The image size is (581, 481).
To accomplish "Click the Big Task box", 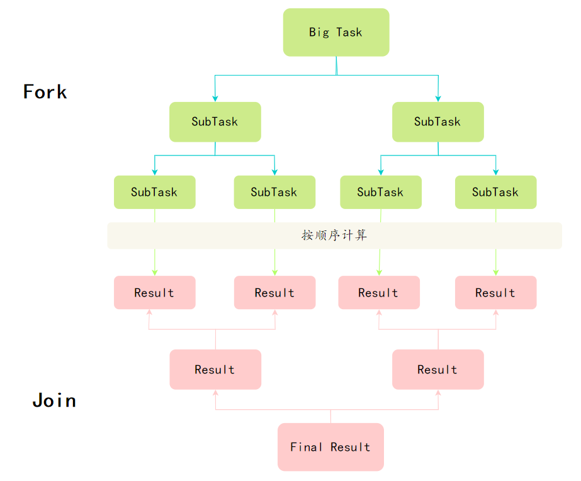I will click(336, 32).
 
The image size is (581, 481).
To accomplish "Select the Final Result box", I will click(330, 447).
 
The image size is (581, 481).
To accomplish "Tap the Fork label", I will click(45, 92).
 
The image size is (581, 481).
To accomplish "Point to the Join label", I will click(54, 400).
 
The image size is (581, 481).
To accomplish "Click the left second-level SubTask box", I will click(215, 122).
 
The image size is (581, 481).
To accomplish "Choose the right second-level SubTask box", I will click(437, 122).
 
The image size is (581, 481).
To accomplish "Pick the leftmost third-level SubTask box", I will click(154, 192).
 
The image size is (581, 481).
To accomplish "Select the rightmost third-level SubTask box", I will click(495, 192).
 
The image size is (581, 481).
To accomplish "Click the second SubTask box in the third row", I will click(274, 192).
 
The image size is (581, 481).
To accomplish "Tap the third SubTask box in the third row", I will click(380, 192).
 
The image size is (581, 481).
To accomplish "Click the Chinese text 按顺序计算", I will click(334, 235).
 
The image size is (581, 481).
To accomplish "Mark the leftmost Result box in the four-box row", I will click(154, 293).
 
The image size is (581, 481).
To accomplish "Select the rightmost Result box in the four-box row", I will click(495, 293).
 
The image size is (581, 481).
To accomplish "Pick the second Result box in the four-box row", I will click(274, 293).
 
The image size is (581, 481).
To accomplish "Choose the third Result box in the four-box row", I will click(379, 293).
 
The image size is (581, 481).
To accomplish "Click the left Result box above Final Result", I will click(215, 370).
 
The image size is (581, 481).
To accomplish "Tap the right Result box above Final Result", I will click(437, 370).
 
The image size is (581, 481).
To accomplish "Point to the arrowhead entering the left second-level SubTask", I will click(215, 98).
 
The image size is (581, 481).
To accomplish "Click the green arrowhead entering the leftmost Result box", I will click(154, 272).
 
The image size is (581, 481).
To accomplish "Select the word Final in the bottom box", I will click(307, 447).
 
